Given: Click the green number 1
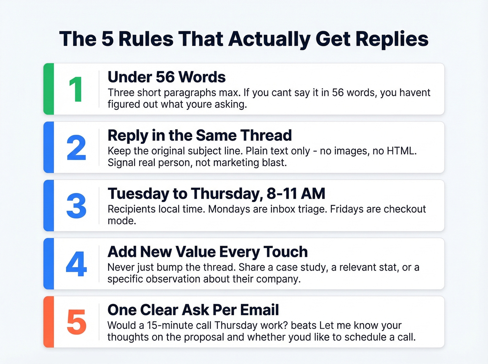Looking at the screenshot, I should [76, 89].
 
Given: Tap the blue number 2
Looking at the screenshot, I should [76, 148].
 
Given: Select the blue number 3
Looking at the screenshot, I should [76, 206].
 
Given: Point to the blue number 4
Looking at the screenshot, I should [76, 264].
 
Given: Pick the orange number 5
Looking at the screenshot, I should [76, 322].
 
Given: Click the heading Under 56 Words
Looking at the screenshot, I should [167, 77].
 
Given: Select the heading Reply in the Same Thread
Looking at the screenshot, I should [199, 135].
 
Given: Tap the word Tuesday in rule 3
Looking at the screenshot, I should [138, 194].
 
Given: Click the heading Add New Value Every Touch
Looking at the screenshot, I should [207, 252].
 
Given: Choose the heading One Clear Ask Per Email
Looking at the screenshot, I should [193, 310].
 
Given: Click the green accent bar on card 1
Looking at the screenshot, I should [49, 89].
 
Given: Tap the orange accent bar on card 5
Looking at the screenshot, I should [49, 322].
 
